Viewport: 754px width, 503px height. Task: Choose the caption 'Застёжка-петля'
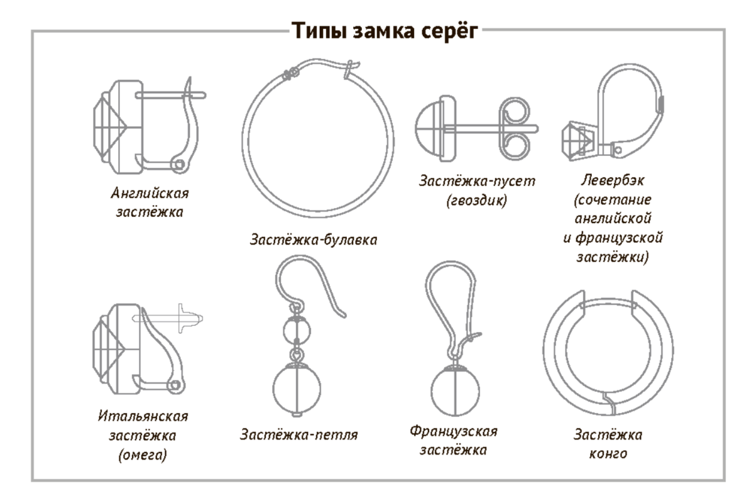click(x=299, y=434)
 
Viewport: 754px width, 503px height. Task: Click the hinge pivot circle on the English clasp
click(x=180, y=165)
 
